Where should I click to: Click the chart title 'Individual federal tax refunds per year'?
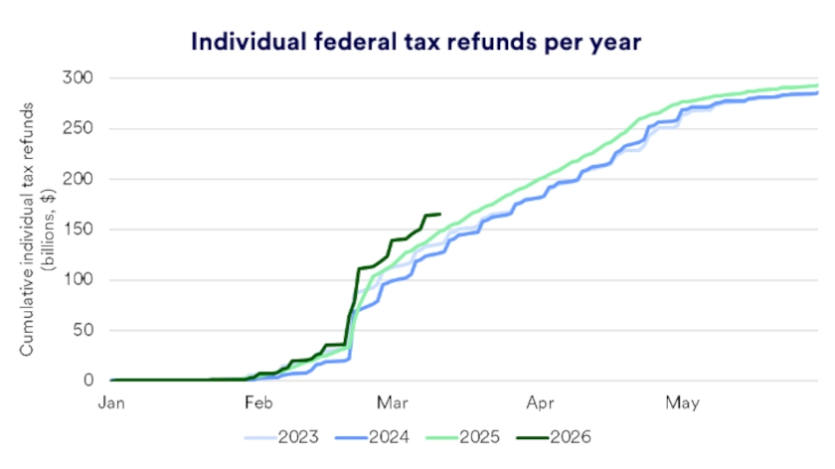pos(417,43)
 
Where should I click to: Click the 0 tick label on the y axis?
pos(90,381)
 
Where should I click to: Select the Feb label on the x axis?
pos(258,403)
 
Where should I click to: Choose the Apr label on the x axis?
pos(541,403)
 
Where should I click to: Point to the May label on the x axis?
pos(683,403)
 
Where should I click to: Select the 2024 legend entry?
pos(387,436)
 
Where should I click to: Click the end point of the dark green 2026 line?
pos(439,214)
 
